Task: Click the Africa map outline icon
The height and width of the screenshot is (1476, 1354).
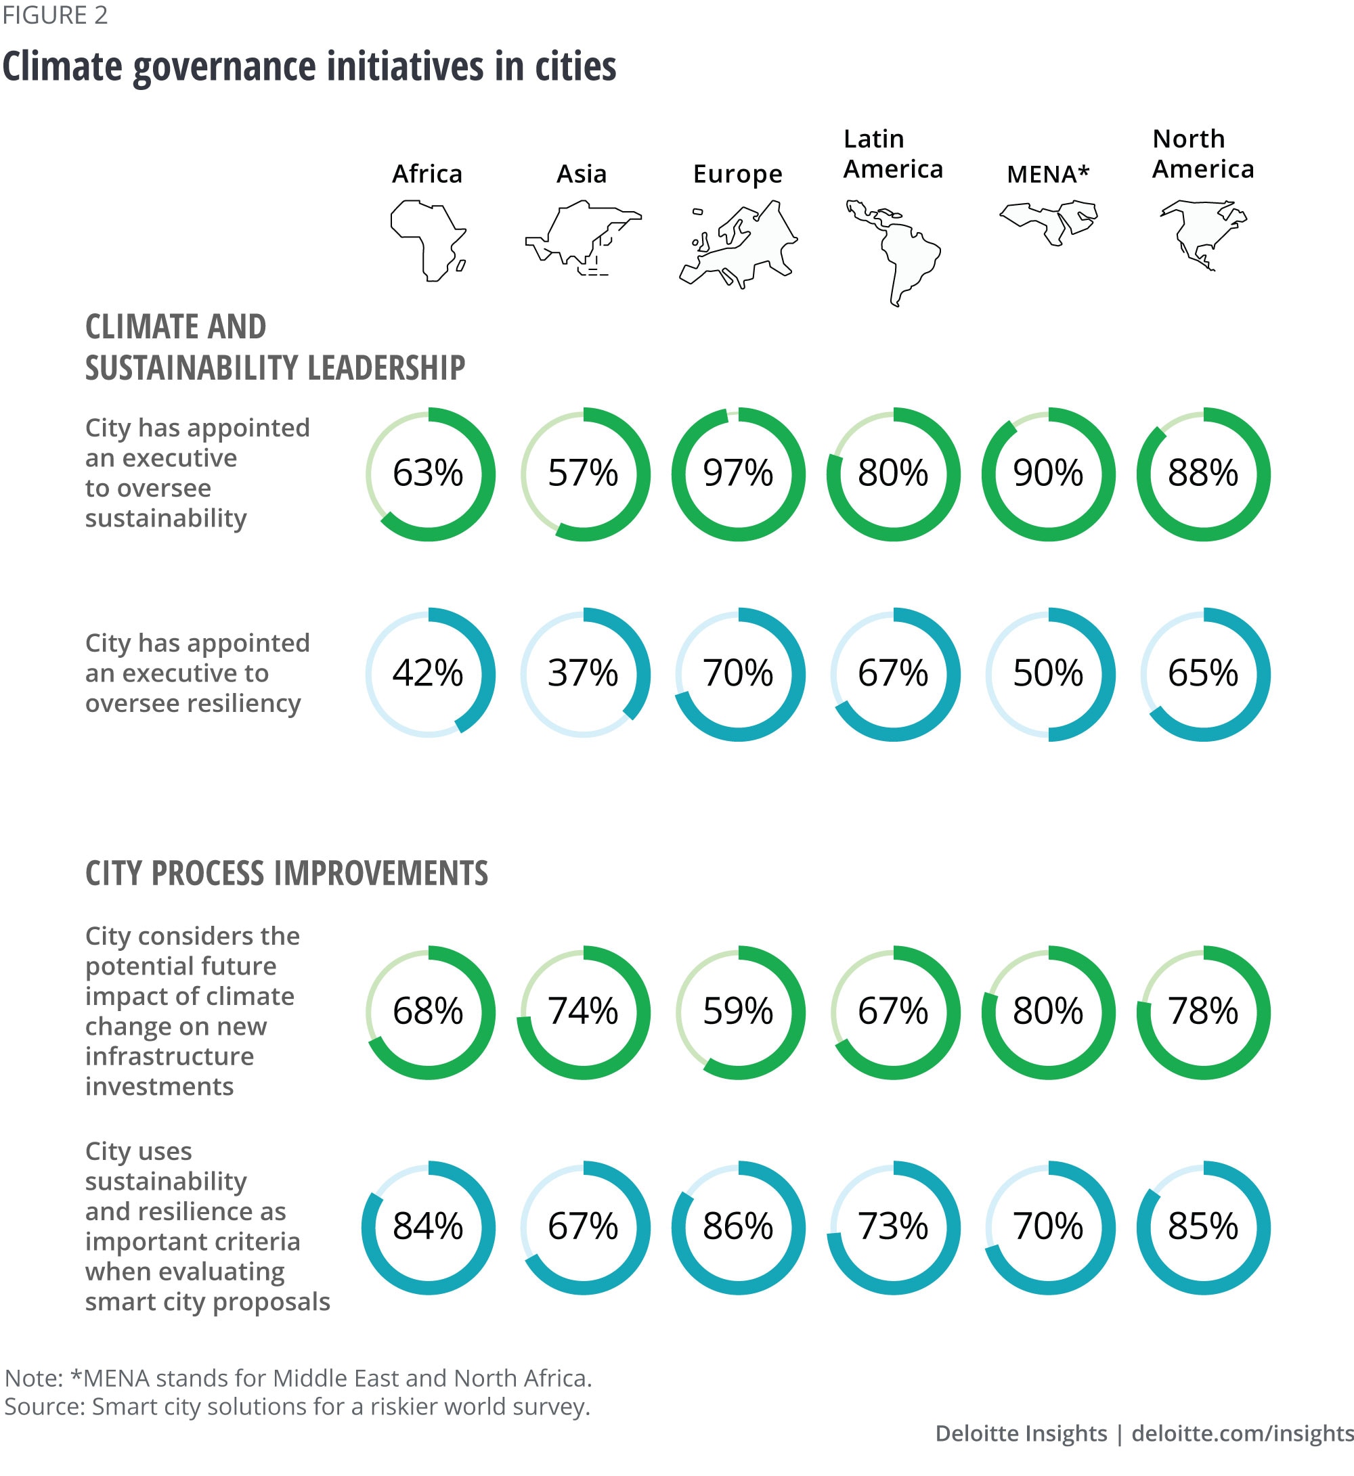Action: click(x=428, y=241)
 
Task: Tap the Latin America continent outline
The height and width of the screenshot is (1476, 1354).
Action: click(x=892, y=251)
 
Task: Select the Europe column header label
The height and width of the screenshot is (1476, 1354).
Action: click(x=737, y=175)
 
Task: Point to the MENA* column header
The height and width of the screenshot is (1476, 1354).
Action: click(x=1048, y=175)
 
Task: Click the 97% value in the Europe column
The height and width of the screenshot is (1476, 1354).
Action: click(x=738, y=473)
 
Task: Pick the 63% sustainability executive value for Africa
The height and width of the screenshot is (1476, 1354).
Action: click(x=428, y=473)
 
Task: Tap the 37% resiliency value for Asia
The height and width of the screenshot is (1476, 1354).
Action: click(x=582, y=673)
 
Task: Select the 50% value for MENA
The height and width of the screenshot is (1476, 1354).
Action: click(x=1048, y=673)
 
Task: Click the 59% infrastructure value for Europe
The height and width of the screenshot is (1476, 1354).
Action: click(x=738, y=1012)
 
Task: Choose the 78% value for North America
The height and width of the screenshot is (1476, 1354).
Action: click(x=1202, y=1012)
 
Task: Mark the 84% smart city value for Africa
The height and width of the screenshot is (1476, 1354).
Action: click(x=428, y=1226)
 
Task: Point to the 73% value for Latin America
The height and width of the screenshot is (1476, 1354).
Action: click(x=892, y=1226)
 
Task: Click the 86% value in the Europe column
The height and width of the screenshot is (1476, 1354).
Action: click(x=738, y=1226)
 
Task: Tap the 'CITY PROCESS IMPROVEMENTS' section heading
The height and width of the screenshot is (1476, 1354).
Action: click(x=286, y=873)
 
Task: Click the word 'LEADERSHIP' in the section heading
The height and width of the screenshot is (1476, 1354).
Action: click(x=375, y=367)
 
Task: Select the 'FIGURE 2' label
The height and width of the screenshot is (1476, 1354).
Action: click(x=55, y=16)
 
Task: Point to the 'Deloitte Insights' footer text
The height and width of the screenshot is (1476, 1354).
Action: click(x=1021, y=1433)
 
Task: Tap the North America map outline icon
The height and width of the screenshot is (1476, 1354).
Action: click(x=1202, y=234)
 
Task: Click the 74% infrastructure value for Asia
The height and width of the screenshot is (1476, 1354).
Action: click(x=582, y=1012)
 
